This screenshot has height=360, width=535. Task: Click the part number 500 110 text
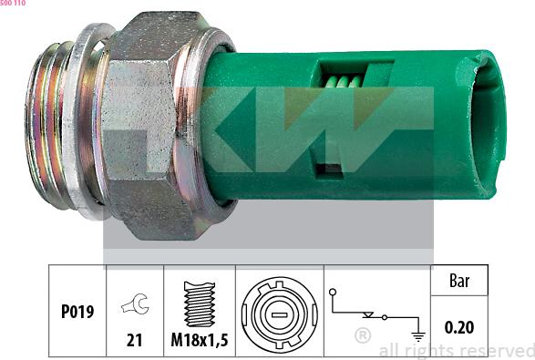click(x=13, y=4)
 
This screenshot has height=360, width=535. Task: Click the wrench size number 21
click(x=133, y=341)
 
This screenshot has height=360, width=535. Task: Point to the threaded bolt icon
click(x=199, y=303)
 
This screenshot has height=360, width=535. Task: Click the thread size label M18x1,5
click(x=199, y=341)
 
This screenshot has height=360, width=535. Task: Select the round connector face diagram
click(x=279, y=311)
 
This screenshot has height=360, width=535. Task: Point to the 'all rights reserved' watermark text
click(x=456, y=350)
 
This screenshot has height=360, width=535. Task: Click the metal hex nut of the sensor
click(x=150, y=128)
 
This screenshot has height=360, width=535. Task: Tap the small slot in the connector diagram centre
click(x=279, y=312)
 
